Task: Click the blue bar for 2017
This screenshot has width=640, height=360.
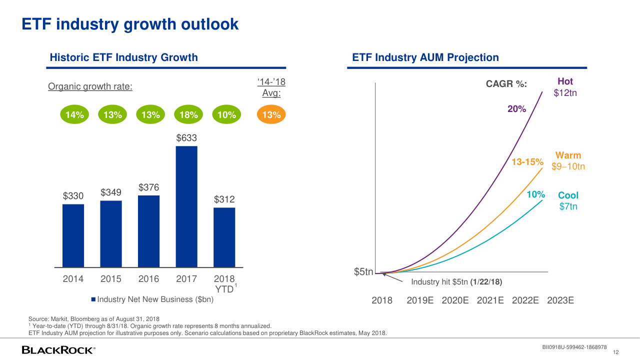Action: [186, 206]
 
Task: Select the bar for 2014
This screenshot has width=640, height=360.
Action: [73, 235]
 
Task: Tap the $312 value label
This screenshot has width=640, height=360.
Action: [224, 199]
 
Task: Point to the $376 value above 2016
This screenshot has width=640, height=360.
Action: [148, 187]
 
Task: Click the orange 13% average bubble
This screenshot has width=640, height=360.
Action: [271, 115]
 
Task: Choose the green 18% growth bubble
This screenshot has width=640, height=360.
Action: [188, 115]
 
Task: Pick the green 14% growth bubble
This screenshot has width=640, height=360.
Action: [74, 115]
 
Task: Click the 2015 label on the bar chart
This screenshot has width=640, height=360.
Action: [111, 279]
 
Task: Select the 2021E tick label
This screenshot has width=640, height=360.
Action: [493, 300]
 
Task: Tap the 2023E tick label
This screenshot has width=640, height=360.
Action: [560, 300]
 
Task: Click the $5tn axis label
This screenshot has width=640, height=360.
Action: [363, 272]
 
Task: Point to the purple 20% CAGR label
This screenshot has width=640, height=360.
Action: [516, 109]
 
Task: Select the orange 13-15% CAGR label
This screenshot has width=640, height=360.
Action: [527, 162]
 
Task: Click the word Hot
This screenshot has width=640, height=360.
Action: [565, 81]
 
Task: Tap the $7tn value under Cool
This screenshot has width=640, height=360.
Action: [568, 206]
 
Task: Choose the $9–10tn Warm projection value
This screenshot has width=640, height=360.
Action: [568, 166]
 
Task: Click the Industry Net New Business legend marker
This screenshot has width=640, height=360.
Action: [93, 299]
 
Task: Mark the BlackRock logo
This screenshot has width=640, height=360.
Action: [58, 350]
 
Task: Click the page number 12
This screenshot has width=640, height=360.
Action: [616, 352]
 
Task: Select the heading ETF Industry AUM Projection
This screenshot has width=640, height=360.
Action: [425, 57]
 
